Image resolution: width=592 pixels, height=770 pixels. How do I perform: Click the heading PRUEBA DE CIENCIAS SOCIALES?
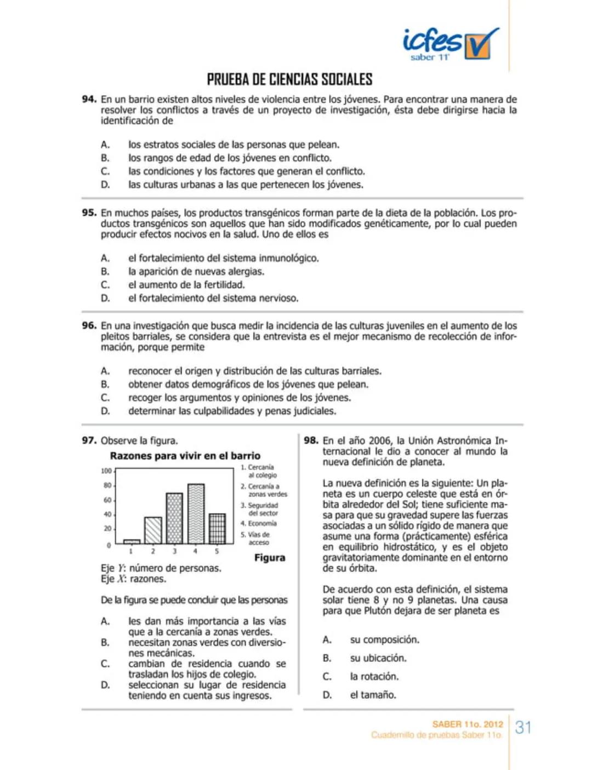289,79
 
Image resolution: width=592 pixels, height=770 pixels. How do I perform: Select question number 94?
89,99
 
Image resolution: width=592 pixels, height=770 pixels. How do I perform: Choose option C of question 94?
246,171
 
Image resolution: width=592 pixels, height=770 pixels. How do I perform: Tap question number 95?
89,212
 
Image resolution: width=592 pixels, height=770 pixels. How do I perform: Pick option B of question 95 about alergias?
196,272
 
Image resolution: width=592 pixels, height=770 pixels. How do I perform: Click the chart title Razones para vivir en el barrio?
185,456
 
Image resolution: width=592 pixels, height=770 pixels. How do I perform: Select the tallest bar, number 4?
196,514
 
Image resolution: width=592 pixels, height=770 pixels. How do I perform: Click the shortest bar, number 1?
132,541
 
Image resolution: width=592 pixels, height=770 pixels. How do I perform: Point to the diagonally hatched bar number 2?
153,530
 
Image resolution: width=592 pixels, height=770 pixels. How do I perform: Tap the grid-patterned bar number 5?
217,528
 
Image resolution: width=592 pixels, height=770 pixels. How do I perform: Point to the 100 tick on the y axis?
106,471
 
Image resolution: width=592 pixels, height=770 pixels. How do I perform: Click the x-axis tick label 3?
174,551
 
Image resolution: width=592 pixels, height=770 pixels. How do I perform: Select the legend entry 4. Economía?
259,524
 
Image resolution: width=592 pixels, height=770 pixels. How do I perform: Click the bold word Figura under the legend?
270,558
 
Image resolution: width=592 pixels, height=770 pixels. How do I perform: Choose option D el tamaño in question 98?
373,695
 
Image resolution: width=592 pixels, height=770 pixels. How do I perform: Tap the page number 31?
523,728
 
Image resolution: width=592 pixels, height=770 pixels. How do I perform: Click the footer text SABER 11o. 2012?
468,724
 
